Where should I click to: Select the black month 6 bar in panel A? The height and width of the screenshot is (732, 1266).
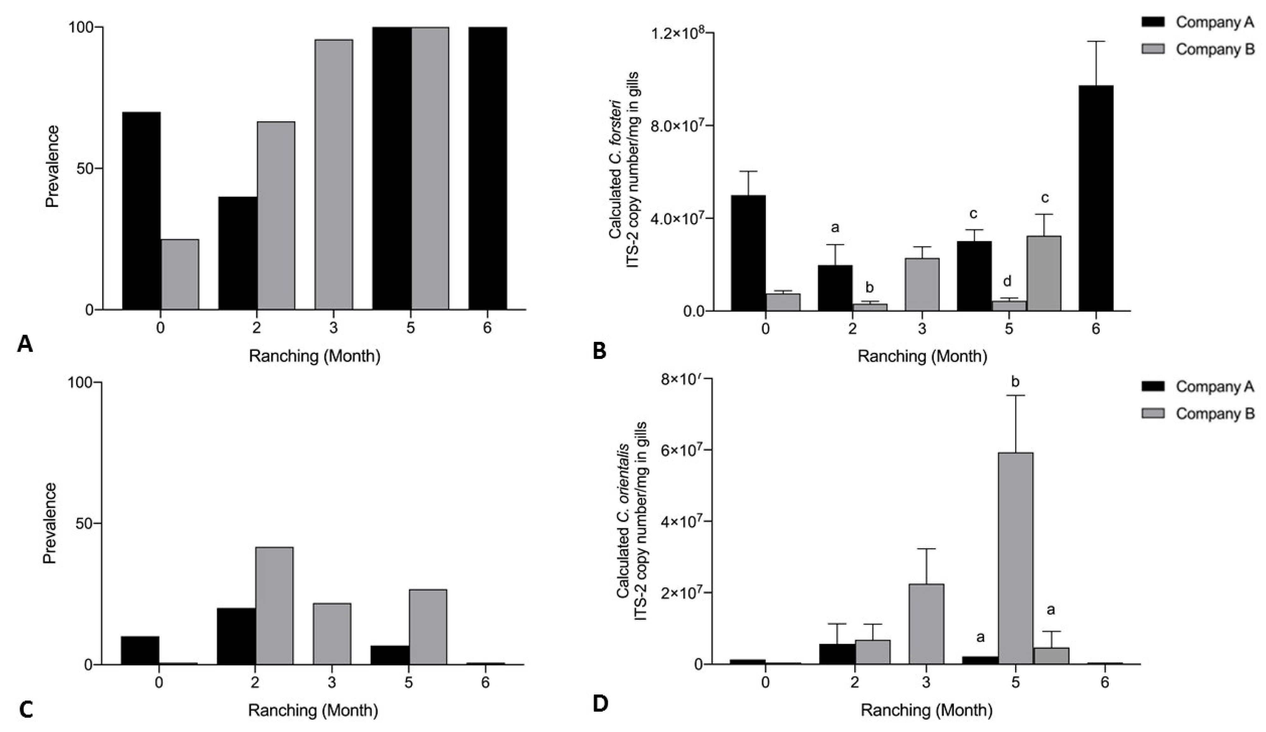(x=487, y=168)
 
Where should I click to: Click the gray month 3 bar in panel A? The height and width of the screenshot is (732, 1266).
(x=334, y=174)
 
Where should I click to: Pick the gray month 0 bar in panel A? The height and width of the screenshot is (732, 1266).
(x=179, y=274)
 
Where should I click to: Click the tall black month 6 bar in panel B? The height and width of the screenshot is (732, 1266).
(x=1096, y=198)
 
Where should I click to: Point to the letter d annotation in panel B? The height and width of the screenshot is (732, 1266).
(x=1007, y=281)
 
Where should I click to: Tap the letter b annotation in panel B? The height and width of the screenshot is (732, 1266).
(x=870, y=287)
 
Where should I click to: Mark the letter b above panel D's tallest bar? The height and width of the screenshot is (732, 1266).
(x=1015, y=382)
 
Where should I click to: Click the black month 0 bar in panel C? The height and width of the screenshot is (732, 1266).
(x=140, y=650)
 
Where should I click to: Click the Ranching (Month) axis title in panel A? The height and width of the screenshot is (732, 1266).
(x=315, y=356)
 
